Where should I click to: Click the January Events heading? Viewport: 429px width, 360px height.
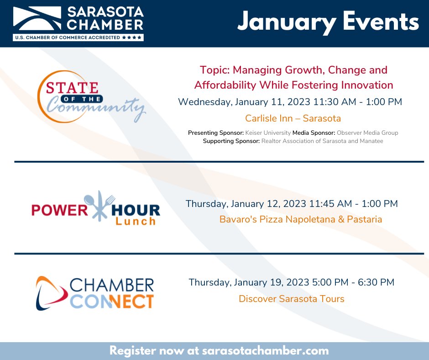click(328, 22)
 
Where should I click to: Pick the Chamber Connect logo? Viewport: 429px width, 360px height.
click(95, 293)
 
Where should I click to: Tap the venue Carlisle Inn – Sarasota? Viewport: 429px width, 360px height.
click(293, 118)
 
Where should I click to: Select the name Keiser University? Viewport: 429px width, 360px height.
click(268, 133)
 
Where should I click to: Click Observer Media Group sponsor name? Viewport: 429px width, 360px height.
click(367, 133)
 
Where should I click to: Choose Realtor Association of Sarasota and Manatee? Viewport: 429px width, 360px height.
click(322, 141)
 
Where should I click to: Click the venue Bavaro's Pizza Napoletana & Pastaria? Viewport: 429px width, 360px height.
click(301, 219)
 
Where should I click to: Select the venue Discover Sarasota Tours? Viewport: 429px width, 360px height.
click(291, 299)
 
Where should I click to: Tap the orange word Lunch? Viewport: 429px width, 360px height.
click(135, 222)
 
